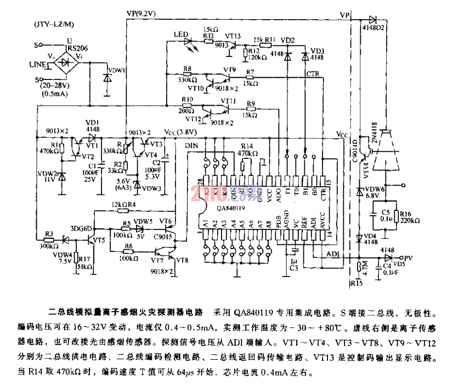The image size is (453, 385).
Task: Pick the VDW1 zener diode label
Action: tap(117, 70)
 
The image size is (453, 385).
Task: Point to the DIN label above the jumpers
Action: tap(191, 146)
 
